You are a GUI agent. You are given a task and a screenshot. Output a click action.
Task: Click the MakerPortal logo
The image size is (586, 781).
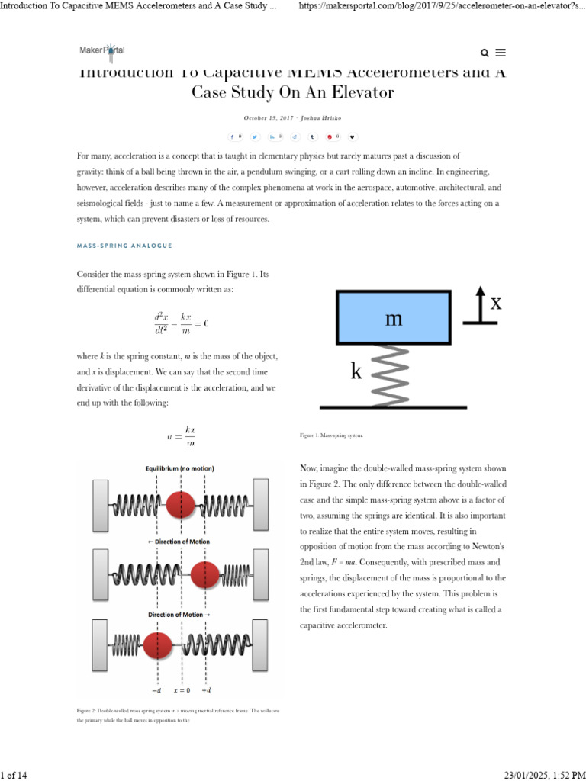click(x=102, y=50)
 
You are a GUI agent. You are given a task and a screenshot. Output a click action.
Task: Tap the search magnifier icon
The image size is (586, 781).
click(x=485, y=53)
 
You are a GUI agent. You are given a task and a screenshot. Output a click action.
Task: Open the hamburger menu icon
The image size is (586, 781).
click(x=501, y=53)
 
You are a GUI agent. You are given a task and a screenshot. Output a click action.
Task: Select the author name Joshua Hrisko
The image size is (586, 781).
click(x=321, y=118)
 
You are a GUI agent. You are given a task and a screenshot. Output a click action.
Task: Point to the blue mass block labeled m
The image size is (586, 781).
click(x=393, y=317)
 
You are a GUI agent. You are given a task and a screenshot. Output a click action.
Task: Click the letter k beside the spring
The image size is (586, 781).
click(x=356, y=372)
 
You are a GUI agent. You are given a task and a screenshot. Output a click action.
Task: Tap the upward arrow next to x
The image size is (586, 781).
click(x=480, y=304)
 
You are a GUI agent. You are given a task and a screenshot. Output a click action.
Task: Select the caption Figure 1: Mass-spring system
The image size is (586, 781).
click(x=331, y=435)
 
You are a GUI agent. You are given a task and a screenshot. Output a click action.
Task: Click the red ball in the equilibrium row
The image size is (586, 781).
click(x=181, y=504)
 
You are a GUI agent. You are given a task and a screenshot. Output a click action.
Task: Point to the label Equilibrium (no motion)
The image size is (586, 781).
click(x=179, y=468)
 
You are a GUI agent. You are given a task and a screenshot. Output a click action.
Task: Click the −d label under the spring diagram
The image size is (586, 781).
click(x=156, y=690)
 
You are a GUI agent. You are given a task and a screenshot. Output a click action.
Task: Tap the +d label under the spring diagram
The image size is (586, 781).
click(x=206, y=690)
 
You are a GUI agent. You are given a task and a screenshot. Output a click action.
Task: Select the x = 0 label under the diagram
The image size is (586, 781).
click(x=181, y=690)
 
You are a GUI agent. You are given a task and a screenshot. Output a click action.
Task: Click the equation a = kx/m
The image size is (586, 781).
click(x=182, y=437)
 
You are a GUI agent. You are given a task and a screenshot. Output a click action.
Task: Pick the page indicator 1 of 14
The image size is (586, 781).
click(x=14, y=775)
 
